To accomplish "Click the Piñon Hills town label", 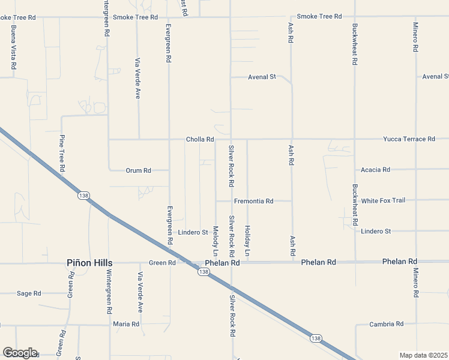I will (89, 263).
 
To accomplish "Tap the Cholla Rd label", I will (200, 139).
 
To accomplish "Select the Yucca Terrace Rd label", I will (409, 139).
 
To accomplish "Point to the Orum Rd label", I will (138, 170).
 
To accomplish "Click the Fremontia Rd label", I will (253, 201).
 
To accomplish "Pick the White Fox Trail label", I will (383, 200).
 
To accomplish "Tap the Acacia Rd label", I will (376, 170).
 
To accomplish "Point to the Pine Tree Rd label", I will (61, 154).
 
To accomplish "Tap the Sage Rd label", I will (29, 293).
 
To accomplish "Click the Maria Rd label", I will (126, 324).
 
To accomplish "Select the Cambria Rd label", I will (387, 324).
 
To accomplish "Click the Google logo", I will (19, 353).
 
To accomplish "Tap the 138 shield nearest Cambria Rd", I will (316, 338).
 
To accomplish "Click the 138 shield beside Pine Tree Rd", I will (83, 196).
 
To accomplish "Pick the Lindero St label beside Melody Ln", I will (193, 232).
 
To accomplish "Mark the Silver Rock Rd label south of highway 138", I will (231, 314).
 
